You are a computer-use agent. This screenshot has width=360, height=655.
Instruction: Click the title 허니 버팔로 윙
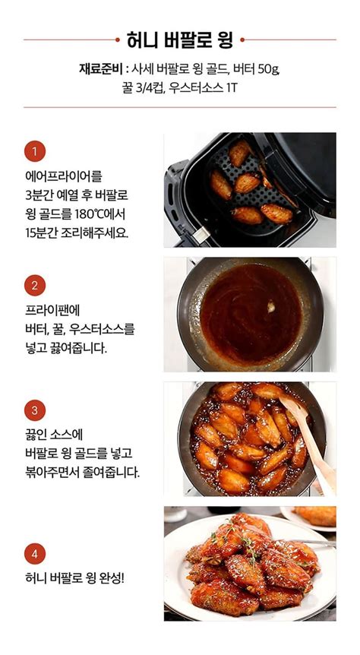coord(179,39)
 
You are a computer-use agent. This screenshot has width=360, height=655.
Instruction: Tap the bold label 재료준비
coord(101,69)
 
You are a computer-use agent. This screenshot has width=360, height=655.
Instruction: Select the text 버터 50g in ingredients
coord(256,69)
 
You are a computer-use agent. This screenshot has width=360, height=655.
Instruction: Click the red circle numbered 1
coord(34,151)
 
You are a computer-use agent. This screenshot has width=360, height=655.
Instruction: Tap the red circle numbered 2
coord(34,286)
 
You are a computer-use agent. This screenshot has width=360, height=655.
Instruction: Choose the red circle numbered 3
coord(34,411)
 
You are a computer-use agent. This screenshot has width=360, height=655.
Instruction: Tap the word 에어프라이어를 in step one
coord(63,176)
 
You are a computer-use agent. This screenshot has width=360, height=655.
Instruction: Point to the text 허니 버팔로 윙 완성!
coord(74,578)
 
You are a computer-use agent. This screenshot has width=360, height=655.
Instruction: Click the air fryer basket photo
coord(249,189)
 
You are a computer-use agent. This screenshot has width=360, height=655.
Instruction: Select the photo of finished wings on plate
coord(249,563)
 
